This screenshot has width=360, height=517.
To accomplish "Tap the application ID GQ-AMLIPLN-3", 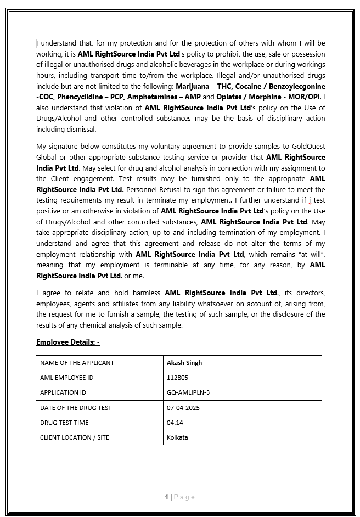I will pos(188,392).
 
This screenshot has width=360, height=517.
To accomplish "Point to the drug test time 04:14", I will pos(175,423).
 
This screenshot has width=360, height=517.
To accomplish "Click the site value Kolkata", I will pos(177,437).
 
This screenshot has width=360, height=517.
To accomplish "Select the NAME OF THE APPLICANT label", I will pos(77,363).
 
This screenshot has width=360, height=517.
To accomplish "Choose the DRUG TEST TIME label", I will pos(64,423).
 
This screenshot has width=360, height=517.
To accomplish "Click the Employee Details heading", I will pos(66,342).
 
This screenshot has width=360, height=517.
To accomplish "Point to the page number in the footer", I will pos(166,497).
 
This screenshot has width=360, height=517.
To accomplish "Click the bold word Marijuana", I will pos(193,87).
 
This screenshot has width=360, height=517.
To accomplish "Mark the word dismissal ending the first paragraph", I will pos(81,129).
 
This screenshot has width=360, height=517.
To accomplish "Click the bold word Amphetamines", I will pos(153,97).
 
